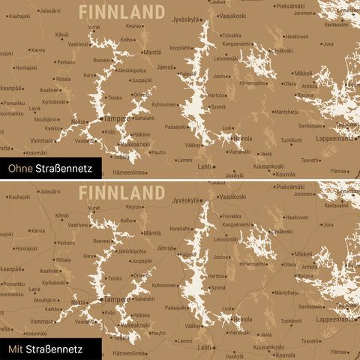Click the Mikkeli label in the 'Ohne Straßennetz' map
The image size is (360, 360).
pos(303,73)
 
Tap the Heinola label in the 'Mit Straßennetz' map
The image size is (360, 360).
pos(242,318)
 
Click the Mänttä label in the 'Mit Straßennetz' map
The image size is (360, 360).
pos(151,232)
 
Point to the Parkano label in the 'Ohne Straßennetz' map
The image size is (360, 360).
pos(65,62)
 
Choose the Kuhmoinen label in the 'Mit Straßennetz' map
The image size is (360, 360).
pos(164,285)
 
